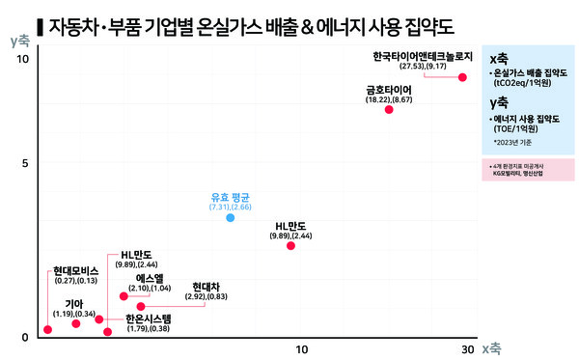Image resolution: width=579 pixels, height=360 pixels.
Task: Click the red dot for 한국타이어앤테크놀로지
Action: coord(462,77)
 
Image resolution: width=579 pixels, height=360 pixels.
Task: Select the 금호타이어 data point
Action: coord(389,110)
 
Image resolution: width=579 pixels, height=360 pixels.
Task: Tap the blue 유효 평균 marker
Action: coord(230,218)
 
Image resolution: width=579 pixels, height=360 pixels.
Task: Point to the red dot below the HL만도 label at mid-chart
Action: coord(291,246)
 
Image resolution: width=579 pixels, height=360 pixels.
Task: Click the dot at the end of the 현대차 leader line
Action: coord(141,307)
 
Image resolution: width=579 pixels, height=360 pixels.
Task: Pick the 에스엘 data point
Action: coord(124,296)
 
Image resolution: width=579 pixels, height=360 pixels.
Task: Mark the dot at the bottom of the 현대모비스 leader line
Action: coord(48,330)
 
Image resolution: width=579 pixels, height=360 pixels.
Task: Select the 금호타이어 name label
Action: coord(389,88)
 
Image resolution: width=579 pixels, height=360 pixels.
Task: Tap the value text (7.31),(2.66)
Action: coord(230,208)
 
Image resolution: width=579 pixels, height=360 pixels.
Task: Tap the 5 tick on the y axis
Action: coord(24,164)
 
